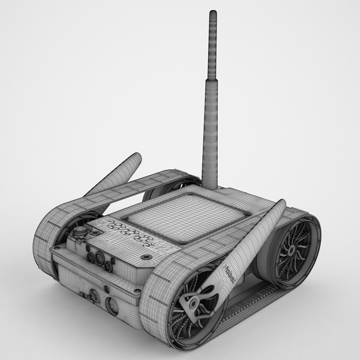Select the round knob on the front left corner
(79, 231)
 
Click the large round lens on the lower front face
(112, 305)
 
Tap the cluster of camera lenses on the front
(100, 260)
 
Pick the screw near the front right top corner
(146, 257)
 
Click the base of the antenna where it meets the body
(209, 185)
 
